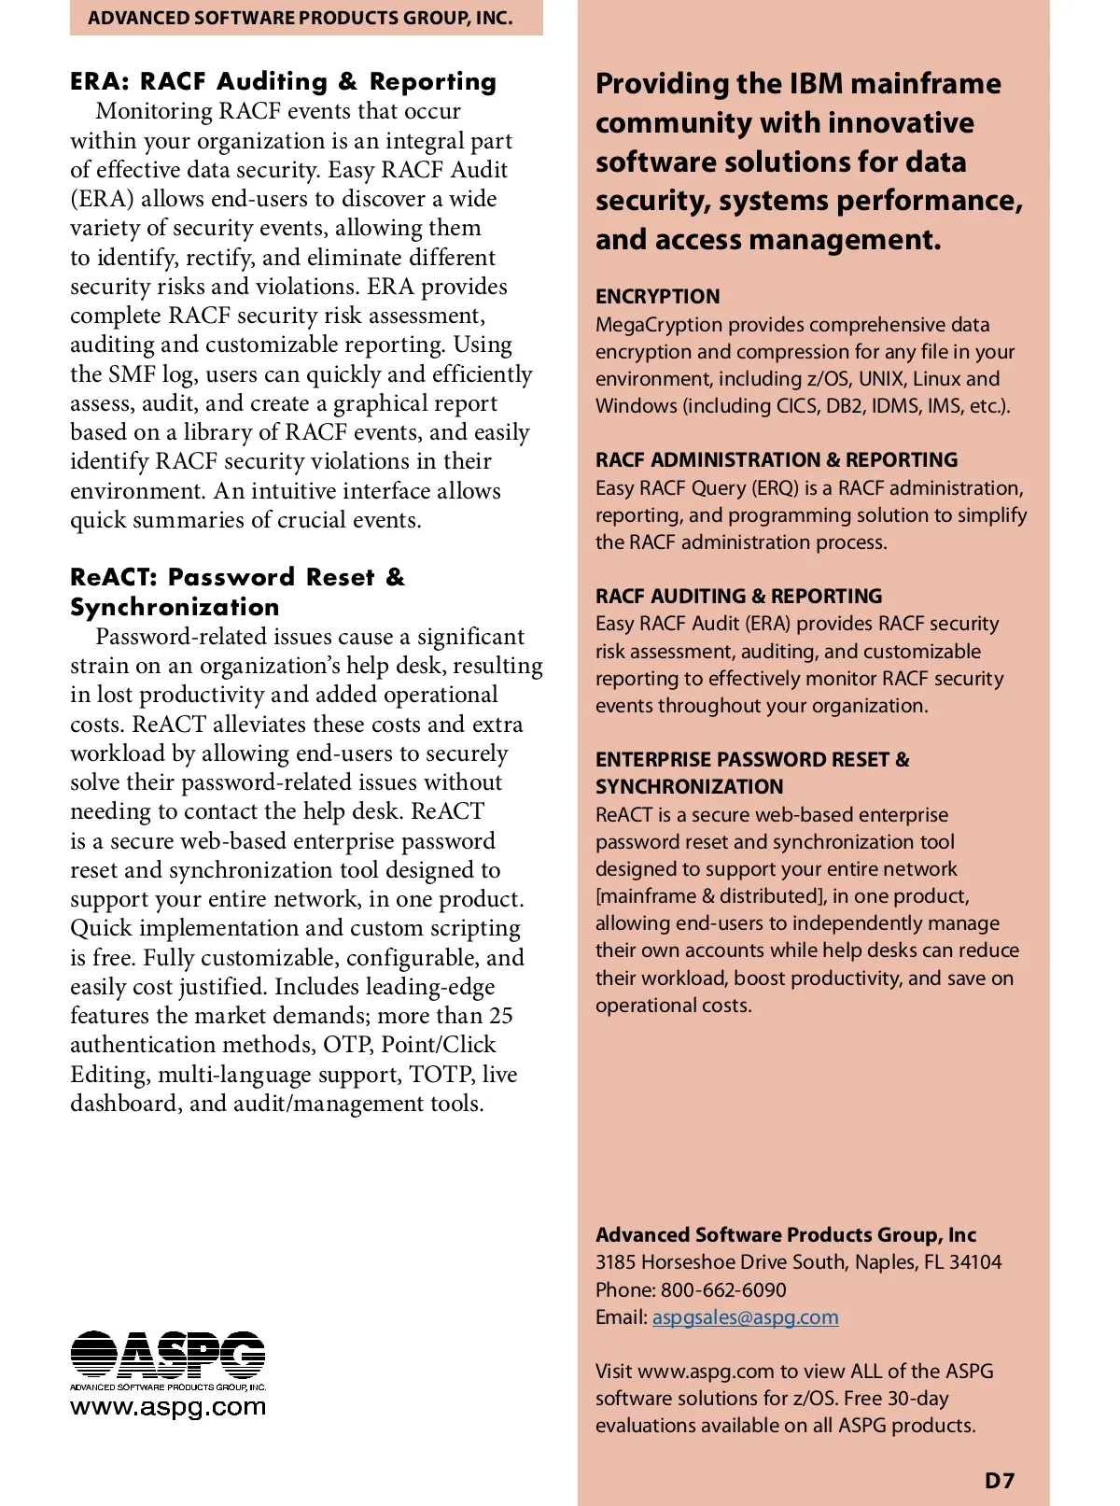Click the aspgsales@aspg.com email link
point(745,1316)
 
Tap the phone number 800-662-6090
point(723,1289)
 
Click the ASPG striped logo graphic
point(168,1355)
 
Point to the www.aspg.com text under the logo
point(168,1406)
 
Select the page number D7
point(1000,1480)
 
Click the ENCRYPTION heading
point(658,296)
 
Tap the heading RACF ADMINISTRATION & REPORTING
point(777,459)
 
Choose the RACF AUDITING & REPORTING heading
point(738,596)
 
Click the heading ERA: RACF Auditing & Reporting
point(283,81)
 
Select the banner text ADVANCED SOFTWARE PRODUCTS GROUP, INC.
point(301,18)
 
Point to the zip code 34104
point(976,1262)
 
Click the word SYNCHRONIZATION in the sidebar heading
point(690,786)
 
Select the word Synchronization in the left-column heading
point(175,607)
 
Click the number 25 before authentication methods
point(501,1015)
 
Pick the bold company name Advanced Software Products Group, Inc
point(786,1234)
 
